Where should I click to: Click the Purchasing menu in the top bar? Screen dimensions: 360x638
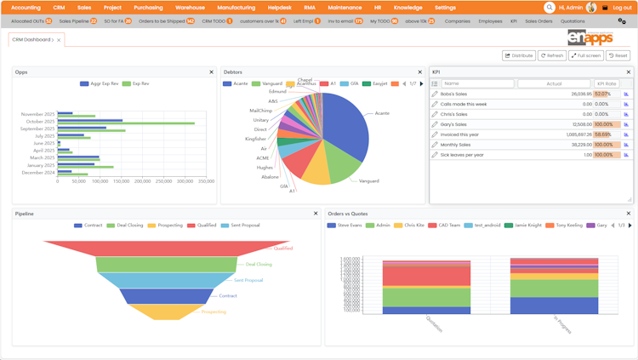(x=148, y=8)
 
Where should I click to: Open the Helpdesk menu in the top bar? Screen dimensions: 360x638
(x=279, y=8)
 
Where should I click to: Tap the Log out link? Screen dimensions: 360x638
(x=622, y=8)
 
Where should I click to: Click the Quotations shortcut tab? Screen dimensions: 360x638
(x=572, y=21)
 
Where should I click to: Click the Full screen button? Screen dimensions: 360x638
(x=586, y=55)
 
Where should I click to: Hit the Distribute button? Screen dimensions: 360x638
(x=519, y=55)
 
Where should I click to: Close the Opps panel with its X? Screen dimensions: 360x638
(x=212, y=72)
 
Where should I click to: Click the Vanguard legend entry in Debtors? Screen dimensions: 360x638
(x=271, y=84)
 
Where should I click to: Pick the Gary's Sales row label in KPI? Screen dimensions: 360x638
(x=454, y=124)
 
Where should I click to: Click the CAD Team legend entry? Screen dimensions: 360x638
(x=448, y=226)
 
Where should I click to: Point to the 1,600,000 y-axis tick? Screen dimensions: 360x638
(x=350, y=259)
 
